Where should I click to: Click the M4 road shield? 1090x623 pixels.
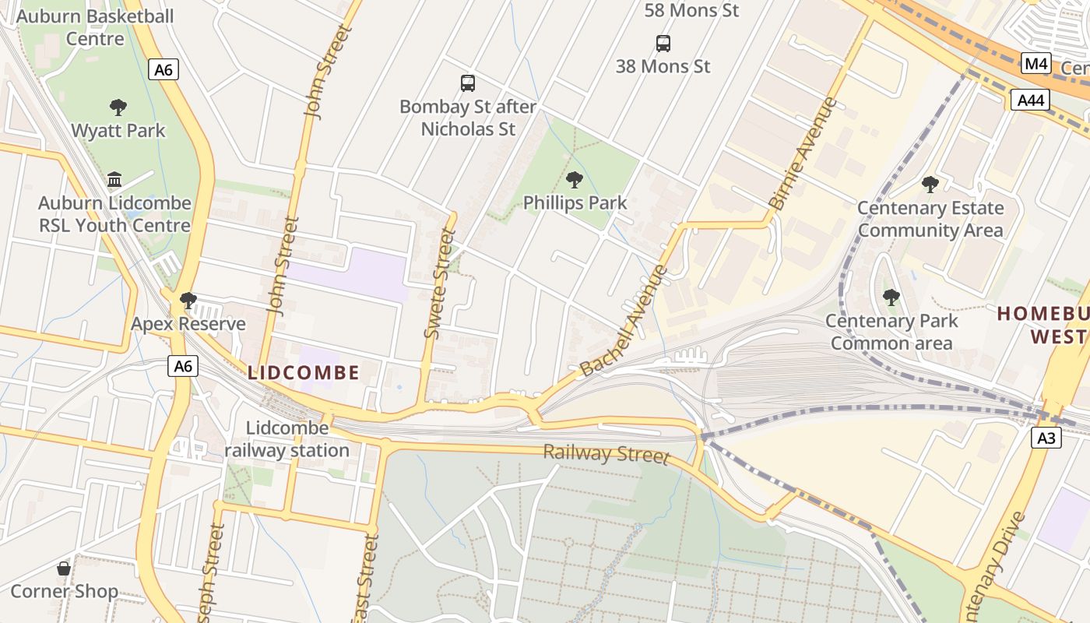tap(1035, 64)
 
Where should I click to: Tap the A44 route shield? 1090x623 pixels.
tap(1030, 100)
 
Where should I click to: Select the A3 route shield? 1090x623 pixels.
tap(1047, 438)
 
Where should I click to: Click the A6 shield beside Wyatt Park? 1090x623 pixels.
tap(163, 70)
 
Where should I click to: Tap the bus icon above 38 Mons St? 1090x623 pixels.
tap(663, 44)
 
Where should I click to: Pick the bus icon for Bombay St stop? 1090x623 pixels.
tap(468, 83)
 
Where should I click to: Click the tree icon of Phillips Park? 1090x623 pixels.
tap(575, 180)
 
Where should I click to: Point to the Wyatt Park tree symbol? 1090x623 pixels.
tap(118, 107)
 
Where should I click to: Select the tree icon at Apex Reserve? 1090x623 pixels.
tap(188, 300)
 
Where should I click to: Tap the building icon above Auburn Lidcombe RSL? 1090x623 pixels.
tap(114, 180)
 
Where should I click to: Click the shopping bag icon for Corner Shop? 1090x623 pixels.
tap(64, 568)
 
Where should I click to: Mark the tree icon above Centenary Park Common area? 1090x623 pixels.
tap(891, 297)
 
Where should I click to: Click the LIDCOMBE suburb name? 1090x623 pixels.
tap(304, 373)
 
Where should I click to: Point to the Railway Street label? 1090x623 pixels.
tap(606, 453)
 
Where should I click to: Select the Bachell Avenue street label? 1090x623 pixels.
tap(624, 320)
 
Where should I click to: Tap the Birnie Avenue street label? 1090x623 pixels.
tap(803, 153)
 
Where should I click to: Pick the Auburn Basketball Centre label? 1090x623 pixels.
tap(95, 27)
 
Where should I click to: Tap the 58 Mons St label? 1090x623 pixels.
tap(691, 10)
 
